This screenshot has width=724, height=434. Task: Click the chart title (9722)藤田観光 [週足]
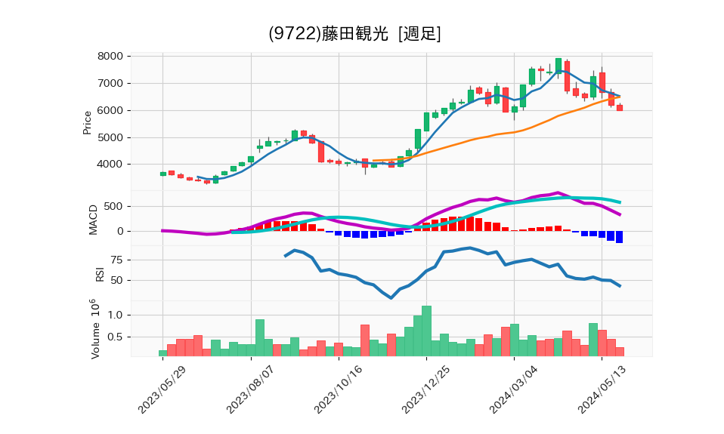click(354, 34)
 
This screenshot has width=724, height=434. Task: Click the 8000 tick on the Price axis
click(111, 57)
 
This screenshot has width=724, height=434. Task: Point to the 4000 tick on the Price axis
click(111, 165)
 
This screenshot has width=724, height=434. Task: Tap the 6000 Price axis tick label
click(111, 111)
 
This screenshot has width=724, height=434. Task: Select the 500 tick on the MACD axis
click(114, 207)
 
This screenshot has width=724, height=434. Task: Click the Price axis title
click(87, 122)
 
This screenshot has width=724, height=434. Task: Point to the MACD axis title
click(94, 220)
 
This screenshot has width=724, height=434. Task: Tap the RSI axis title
click(100, 272)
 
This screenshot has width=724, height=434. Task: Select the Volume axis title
click(94, 328)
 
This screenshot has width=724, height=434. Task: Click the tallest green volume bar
click(426, 331)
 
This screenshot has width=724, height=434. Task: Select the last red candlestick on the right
click(619, 108)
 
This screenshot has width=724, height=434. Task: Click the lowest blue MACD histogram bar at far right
click(619, 237)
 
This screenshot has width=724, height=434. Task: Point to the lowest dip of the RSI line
click(391, 297)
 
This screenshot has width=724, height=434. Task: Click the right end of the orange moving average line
click(620, 97)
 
